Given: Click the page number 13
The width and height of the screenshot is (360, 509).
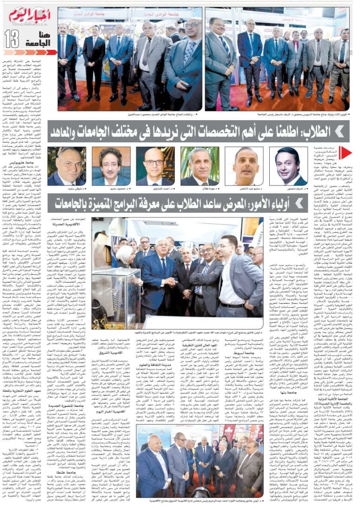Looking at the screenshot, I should [x=12, y=39].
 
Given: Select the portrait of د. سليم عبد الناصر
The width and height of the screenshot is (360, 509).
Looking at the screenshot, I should [x=244, y=166].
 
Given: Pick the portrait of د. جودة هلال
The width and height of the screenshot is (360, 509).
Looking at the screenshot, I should [x=199, y=166].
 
